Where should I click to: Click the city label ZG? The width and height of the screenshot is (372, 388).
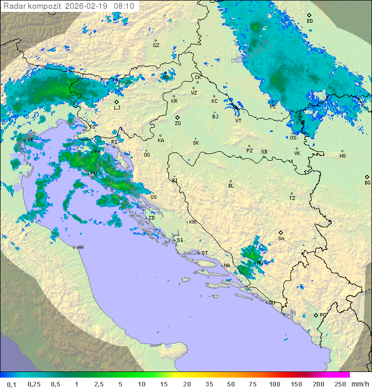coord(178,123)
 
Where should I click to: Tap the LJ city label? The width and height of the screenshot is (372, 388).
coord(117,108)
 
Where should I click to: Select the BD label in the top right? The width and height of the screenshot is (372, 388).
coord(309,21)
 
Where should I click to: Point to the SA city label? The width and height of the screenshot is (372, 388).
coord(281,239)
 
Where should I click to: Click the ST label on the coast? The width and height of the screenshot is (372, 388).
coord(205,253)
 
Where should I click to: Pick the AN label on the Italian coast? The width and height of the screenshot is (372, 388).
coord(80,247)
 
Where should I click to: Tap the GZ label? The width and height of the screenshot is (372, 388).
coord(156,45)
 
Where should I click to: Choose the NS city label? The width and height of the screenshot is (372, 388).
coord(343,156)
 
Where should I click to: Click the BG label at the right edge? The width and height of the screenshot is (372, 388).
coord(367,183)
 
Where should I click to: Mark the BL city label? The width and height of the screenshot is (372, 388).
coord(231,186)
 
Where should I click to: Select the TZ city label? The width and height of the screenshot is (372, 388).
coord(292,198)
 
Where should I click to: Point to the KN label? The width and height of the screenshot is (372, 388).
coord(192,222)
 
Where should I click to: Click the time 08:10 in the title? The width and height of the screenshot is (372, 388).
coord(124,6)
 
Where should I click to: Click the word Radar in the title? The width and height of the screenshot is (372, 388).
coord(14,6)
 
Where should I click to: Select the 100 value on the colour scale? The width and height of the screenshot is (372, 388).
coord(274,384)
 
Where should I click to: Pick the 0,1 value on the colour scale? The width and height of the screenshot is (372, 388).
coord(12,384)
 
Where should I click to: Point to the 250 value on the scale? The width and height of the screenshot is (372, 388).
coord(340,384)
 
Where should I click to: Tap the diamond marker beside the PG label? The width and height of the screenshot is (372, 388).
coord(316,315)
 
